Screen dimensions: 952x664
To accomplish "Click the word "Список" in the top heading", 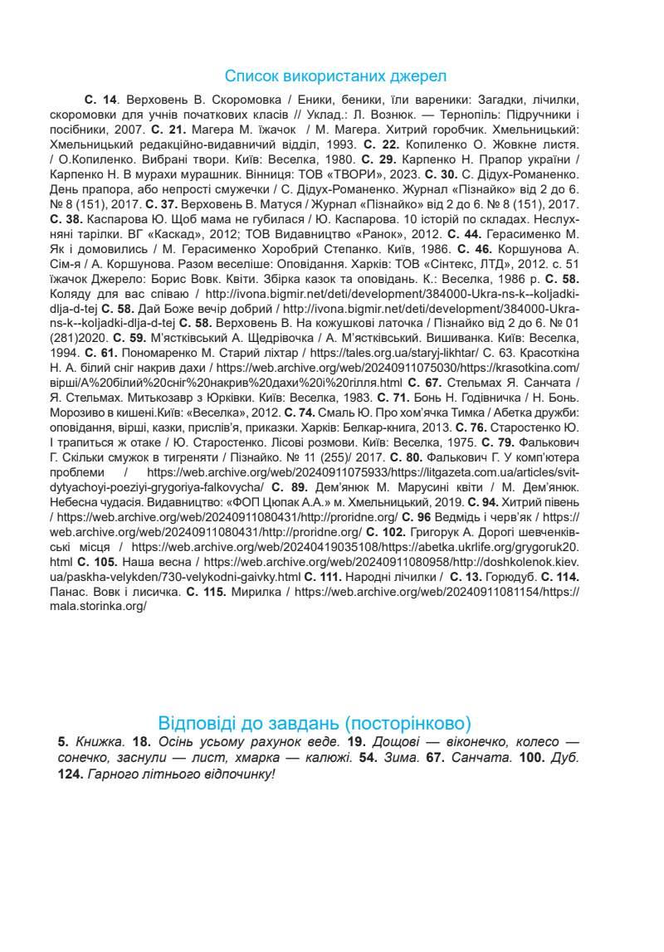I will [251, 76].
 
